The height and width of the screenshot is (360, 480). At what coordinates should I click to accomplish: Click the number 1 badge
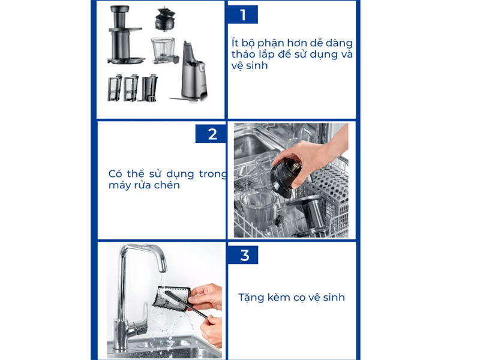tap(242, 14)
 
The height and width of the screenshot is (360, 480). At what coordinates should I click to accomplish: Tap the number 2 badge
tap(212, 134)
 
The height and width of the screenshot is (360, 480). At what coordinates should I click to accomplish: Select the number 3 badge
tap(244, 255)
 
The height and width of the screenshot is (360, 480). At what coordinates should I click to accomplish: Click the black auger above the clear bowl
tap(164, 20)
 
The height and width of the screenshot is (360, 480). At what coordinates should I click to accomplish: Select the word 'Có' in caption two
tap(116, 174)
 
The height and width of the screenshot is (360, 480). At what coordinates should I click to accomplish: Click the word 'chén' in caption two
tap(167, 185)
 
